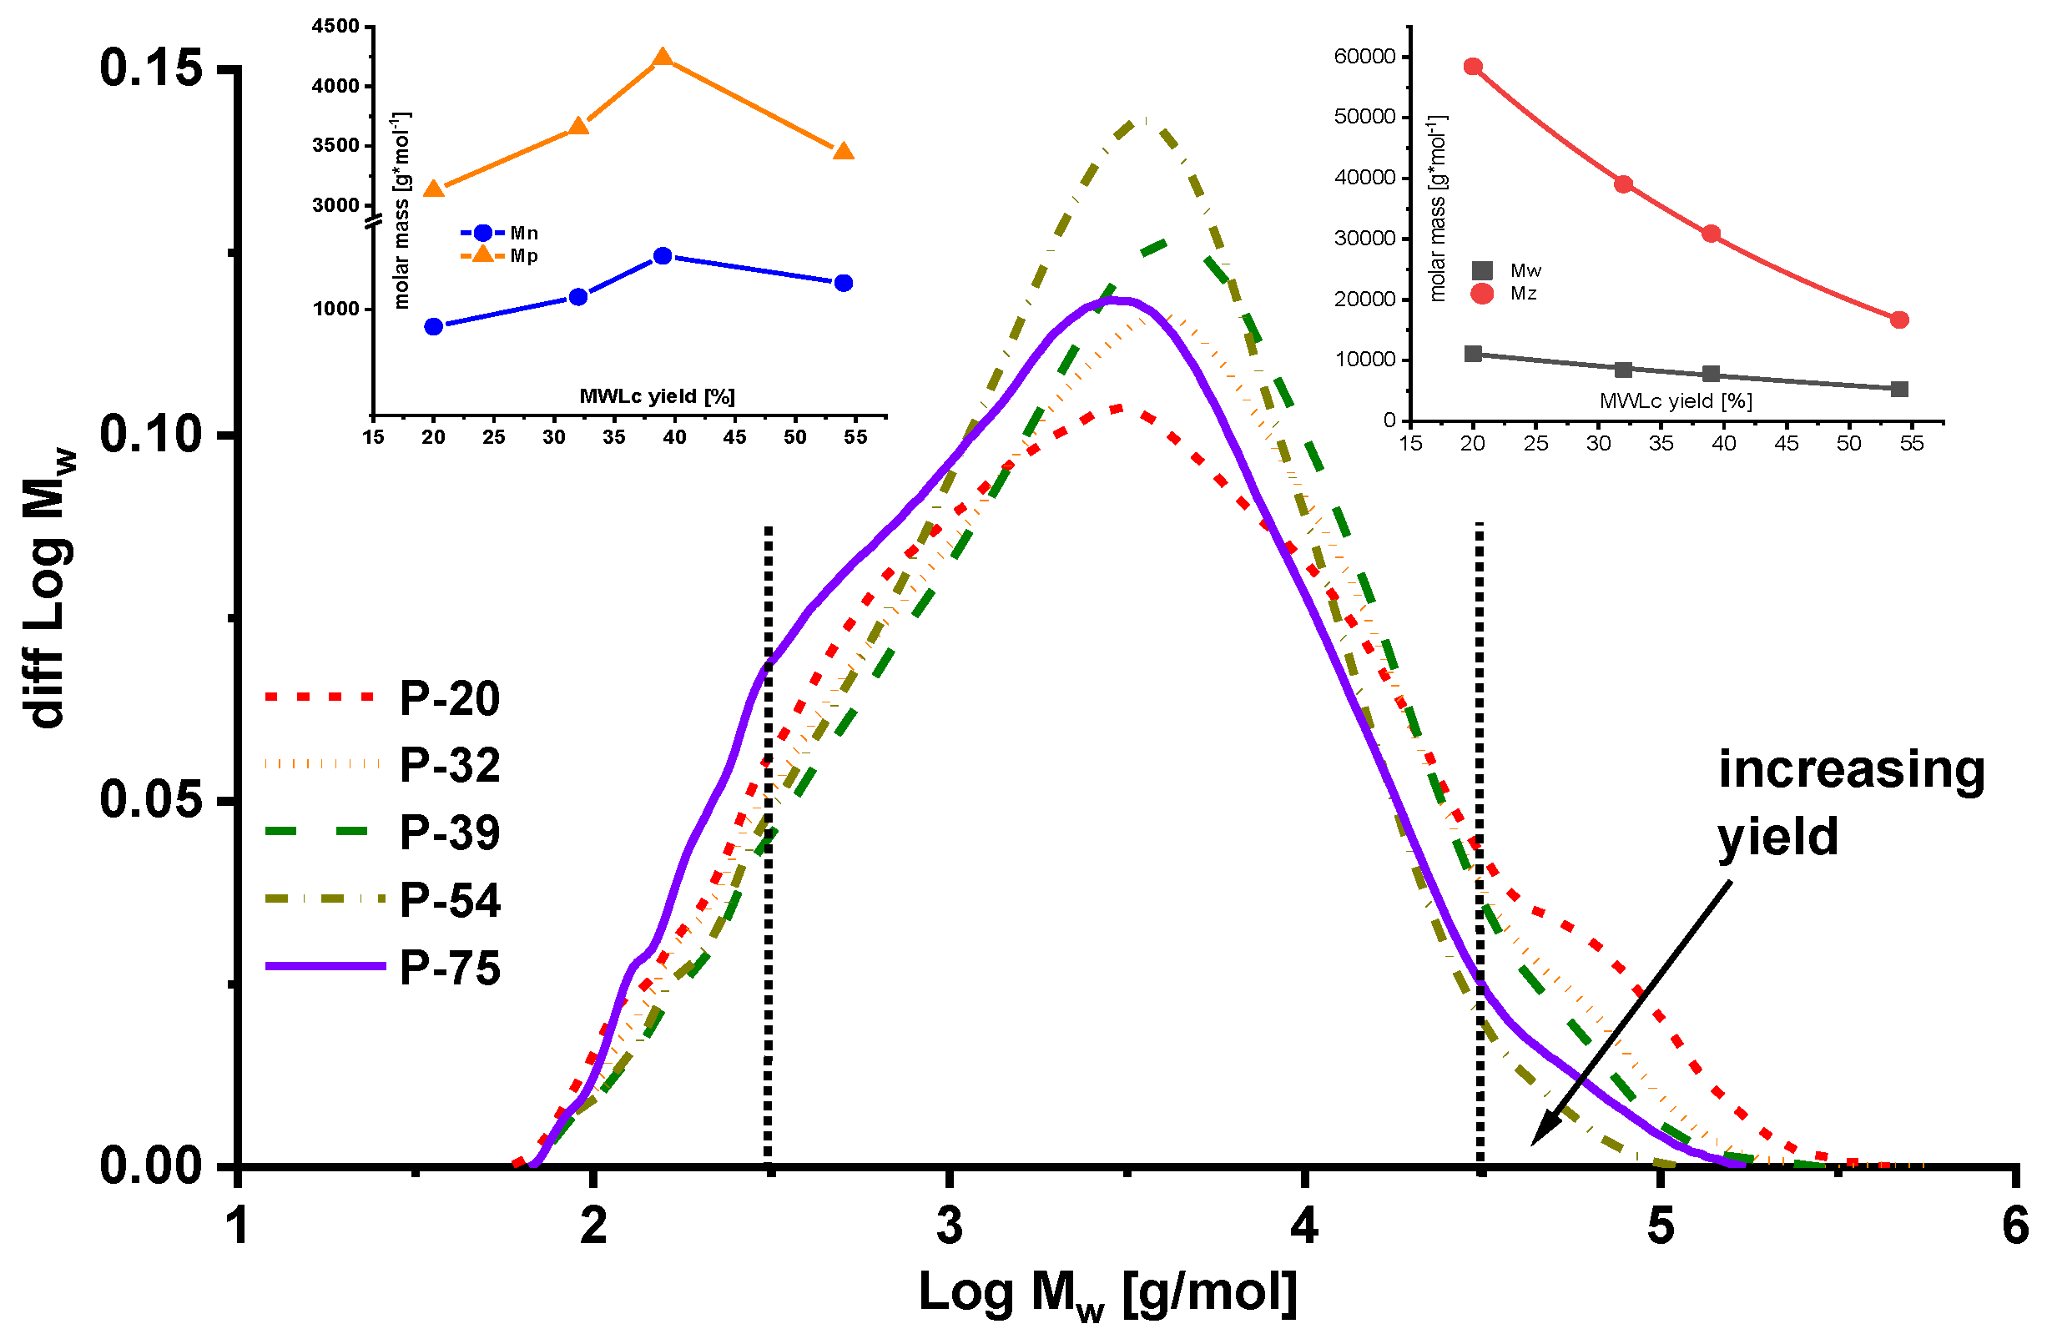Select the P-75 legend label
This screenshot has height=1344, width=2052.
point(449,968)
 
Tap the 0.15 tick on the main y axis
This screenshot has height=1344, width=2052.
point(151,68)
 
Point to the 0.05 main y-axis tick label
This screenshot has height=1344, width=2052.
point(151,800)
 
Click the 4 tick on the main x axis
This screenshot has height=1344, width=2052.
point(1304,1225)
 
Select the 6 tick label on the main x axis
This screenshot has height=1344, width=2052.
point(2015,1225)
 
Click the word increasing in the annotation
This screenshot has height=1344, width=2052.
point(1851,769)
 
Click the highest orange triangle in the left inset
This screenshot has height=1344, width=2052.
point(662,58)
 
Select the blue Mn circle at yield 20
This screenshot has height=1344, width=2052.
point(434,326)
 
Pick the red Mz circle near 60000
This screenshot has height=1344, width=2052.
point(1473,68)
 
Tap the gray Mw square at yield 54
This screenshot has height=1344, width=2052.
point(1898,389)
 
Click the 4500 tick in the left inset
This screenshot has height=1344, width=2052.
point(336,27)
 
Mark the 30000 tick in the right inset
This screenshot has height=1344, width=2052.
point(1364,239)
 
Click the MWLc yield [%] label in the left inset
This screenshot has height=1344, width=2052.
point(657,396)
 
